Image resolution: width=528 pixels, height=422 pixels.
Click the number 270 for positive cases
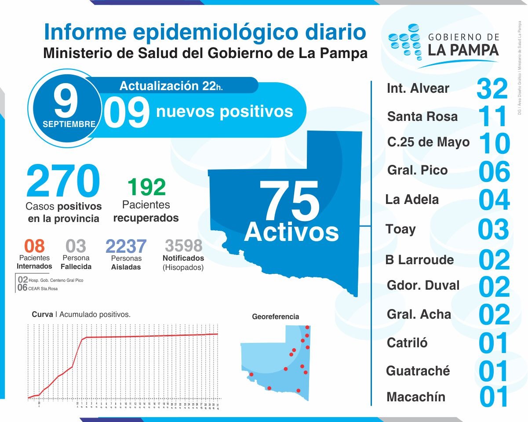pos(63,181)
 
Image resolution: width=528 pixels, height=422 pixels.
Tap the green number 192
pos(146,187)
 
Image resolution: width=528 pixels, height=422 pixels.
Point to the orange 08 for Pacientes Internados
pos(34,246)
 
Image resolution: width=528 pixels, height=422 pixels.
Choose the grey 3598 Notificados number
pos(183,246)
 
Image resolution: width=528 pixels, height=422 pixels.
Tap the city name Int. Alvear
pos(418,88)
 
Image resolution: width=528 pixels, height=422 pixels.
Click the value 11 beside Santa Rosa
pos(493,116)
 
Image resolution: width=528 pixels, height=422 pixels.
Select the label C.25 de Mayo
pos(428,142)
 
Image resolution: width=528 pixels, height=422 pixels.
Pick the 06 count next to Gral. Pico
pos(494,171)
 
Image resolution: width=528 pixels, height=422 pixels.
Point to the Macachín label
pos(416,397)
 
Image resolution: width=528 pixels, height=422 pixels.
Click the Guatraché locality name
pos(418,371)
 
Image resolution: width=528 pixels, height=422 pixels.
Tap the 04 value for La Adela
pos(494,200)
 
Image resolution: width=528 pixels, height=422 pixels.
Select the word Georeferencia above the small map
pos(276,316)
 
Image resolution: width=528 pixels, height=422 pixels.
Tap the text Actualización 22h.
pos(171,85)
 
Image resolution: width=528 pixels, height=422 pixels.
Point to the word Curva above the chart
pos(42,314)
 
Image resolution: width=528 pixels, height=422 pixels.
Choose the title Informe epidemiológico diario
pos(205,33)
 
